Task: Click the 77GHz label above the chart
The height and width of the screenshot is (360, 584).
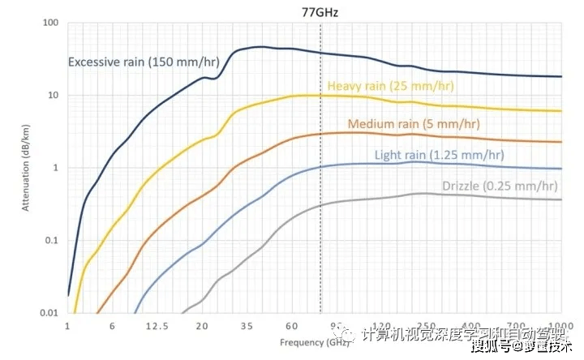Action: pos(320,12)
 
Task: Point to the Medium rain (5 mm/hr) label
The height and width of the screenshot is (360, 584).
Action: pos(413,124)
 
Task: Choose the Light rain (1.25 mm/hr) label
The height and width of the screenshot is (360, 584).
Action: pos(439,155)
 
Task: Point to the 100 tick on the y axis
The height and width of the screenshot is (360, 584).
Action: pos(51,23)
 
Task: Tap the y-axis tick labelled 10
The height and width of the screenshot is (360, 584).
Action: pos(54,95)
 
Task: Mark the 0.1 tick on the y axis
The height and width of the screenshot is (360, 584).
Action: pos(52,240)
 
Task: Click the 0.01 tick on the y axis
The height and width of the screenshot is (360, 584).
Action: pos(49,312)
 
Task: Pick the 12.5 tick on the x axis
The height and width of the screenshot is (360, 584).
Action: pos(157,326)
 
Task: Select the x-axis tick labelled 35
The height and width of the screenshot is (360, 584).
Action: pos(247,326)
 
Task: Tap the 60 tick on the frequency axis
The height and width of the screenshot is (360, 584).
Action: pos(291,326)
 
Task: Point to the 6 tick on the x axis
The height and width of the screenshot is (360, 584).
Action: pos(112,326)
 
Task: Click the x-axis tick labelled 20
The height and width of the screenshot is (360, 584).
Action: pos(202,326)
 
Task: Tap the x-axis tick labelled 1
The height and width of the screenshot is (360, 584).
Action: pos(67,326)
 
